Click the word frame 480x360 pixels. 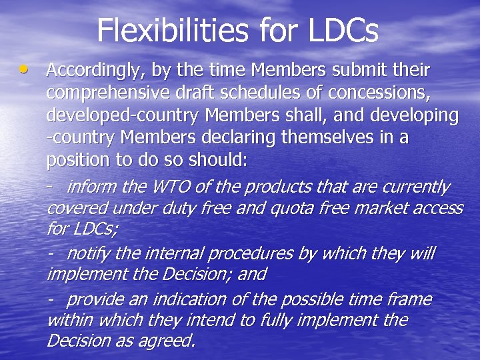pos(407,299)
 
